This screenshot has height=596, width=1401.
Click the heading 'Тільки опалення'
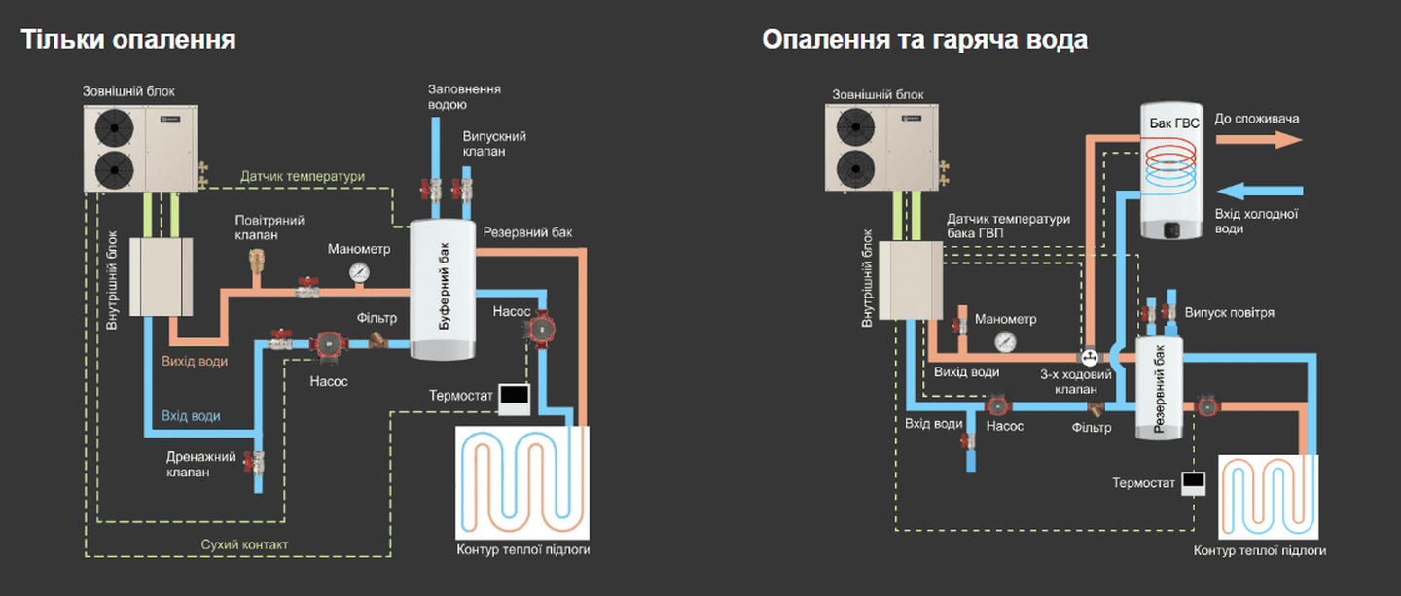pyautogui.click(x=128, y=40)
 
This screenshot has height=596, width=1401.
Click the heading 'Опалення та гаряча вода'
pyautogui.click(x=924, y=40)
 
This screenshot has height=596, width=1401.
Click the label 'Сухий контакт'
pyautogui.click(x=244, y=544)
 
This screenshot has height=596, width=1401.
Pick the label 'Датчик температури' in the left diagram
pyautogui.click(x=303, y=176)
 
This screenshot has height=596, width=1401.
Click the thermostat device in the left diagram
pyautogui.click(x=514, y=395)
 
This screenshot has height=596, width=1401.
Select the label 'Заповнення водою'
pyautogui.click(x=464, y=96)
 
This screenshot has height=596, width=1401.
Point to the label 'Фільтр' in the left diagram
pyautogui.click(x=377, y=318)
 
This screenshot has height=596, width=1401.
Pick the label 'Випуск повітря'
pyautogui.click(x=1229, y=313)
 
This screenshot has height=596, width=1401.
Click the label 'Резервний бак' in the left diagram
pyautogui.click(x=527, y=232)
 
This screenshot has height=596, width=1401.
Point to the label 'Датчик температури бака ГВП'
pyautogui.click(x=1008, y=226)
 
